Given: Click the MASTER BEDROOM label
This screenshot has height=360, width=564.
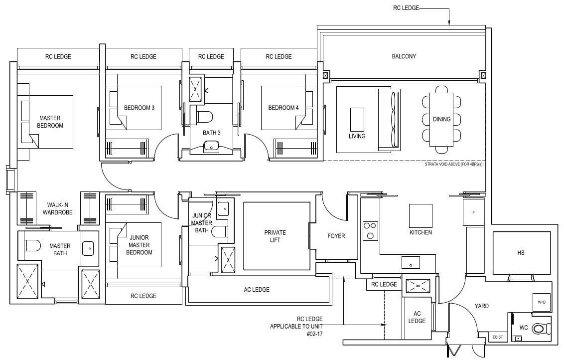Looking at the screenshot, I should tap(50, 122).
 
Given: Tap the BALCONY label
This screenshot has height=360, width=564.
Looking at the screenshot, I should tap(404, 56).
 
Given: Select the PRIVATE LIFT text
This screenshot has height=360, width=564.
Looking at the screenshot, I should tap(275, 236).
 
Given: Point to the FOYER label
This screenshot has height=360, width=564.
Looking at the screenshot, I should tap(336, 236).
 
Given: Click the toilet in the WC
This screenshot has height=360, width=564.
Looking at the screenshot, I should tap(540, 329).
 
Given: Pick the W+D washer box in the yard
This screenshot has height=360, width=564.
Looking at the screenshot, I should tap(541, 302).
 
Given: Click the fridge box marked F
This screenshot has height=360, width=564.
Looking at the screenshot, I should tap(473, 213).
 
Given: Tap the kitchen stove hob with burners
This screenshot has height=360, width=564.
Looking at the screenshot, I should tap(370, 231).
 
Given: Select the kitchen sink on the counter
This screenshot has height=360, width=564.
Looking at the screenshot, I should tap(411, 262).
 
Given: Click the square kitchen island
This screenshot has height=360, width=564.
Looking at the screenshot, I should tap(421, 215).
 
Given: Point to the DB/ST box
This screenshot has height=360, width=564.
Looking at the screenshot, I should tap(497, 337).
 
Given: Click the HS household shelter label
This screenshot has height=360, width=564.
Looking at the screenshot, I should tap(521, 253).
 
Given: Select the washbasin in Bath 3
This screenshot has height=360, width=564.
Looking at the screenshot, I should tap(211, 146).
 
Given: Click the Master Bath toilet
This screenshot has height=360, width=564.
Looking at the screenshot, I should tap(32, 246).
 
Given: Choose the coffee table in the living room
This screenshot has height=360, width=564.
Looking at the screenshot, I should tap(357, 119).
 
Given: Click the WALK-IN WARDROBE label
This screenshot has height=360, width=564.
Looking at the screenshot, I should tap(60, 208).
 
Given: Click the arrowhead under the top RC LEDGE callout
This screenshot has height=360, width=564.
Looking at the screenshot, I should tap(449, 22).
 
